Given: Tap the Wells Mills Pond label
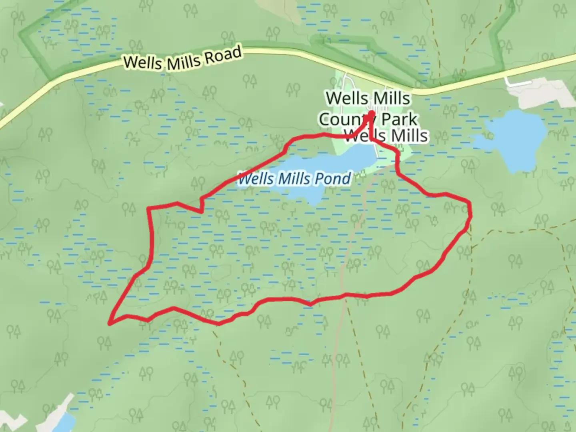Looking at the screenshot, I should click(x=295, y=178).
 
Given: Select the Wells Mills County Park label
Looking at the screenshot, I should click(x=368, y=108).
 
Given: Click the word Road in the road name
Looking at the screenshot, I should click(x=223, y=55).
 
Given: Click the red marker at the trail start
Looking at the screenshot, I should click(x=372, y=114).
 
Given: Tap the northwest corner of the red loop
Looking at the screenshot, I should click(x=149, y=208).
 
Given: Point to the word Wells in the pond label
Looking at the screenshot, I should click(x=256, y=178).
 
